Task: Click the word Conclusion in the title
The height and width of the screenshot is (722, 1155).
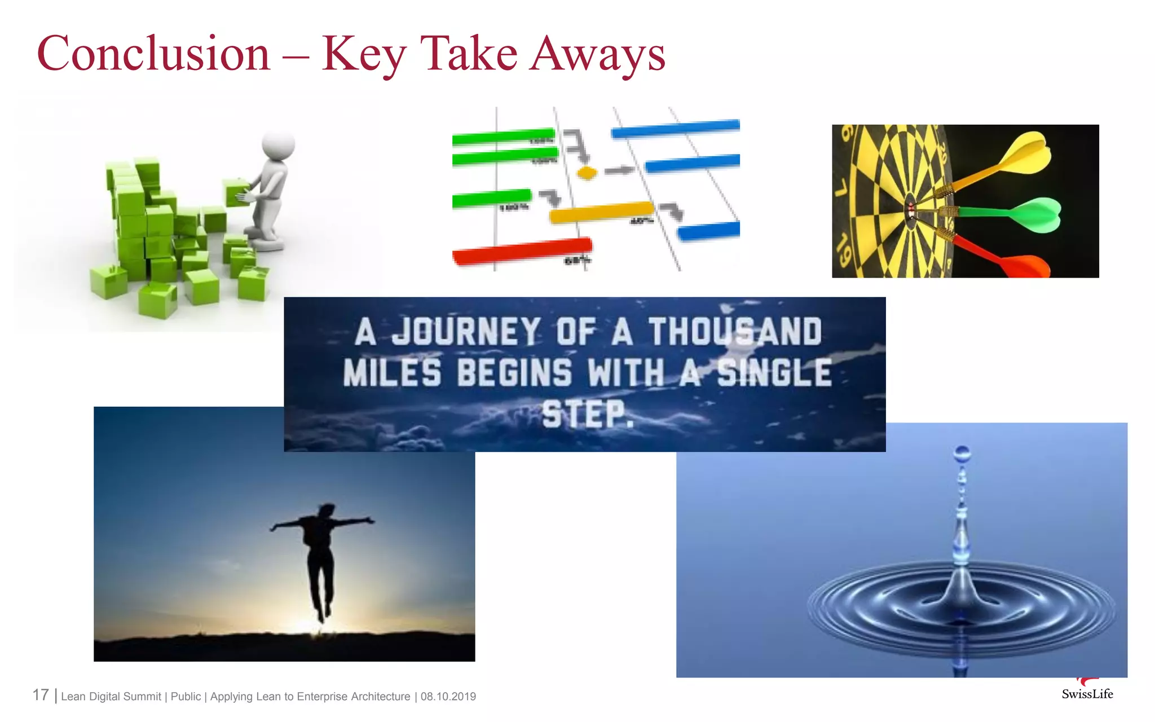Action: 153,54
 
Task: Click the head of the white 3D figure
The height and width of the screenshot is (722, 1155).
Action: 279,146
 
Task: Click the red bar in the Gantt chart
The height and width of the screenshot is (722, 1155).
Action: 522,252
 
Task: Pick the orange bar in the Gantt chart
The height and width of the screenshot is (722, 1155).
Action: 601,212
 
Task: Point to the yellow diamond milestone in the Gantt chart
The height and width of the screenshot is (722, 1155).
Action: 587,173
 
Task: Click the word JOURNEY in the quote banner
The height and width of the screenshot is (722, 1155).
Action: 465,332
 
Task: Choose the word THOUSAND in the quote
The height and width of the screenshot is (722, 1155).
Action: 735,332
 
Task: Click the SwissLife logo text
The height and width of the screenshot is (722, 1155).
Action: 1087,694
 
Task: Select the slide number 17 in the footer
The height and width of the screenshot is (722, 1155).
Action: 41,695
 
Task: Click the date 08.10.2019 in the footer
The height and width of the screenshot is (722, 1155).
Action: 448,697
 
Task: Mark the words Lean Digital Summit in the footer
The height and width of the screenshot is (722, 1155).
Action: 111,697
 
